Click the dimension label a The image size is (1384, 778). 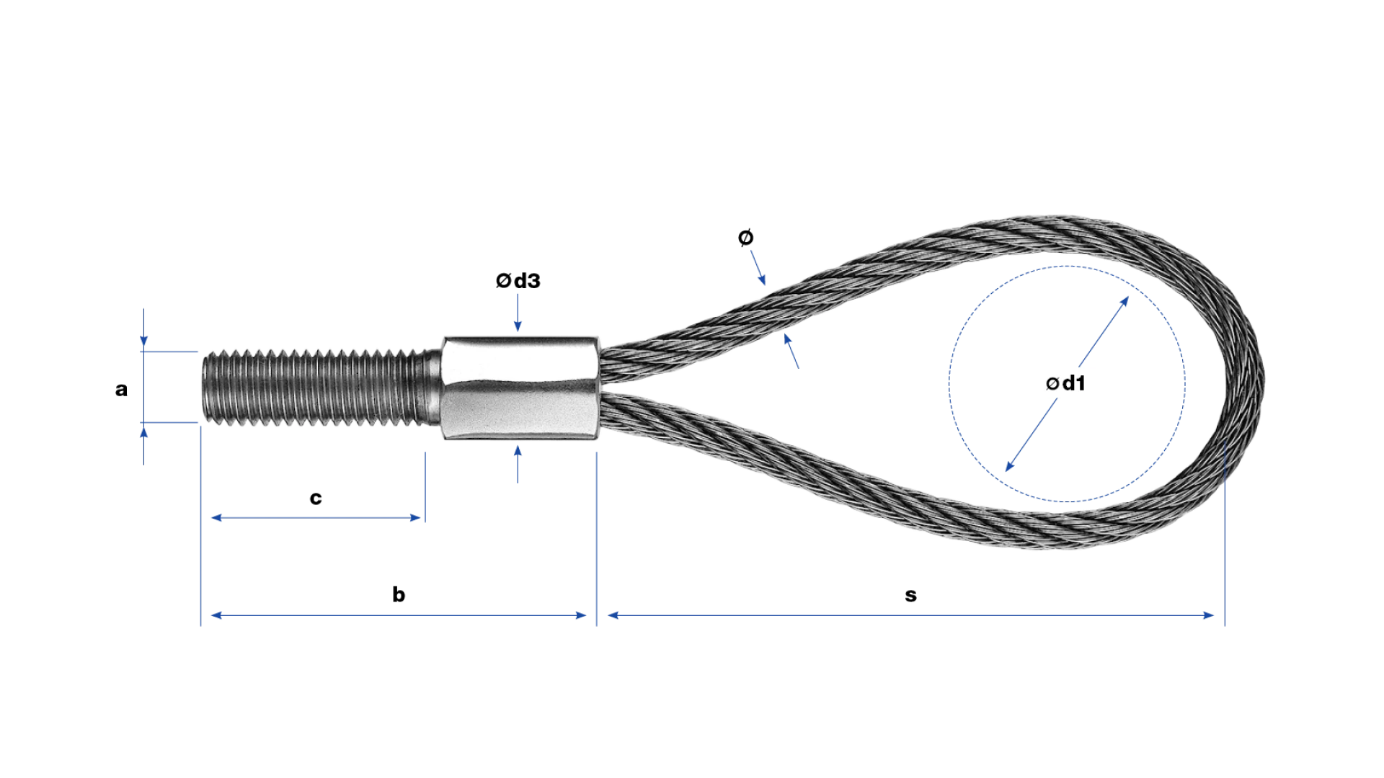click(121, 390)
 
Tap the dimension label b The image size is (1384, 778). click(399, 594)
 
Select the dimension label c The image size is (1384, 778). click(316, 498)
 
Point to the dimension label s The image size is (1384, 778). click(911, 596)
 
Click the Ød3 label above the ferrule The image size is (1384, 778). click(518, 281)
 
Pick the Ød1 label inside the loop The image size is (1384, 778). click(1065, 383)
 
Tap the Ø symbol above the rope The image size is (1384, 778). click(746, 237)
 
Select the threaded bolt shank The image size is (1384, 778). click(321, 388)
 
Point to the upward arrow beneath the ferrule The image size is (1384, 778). click(518, 464)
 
